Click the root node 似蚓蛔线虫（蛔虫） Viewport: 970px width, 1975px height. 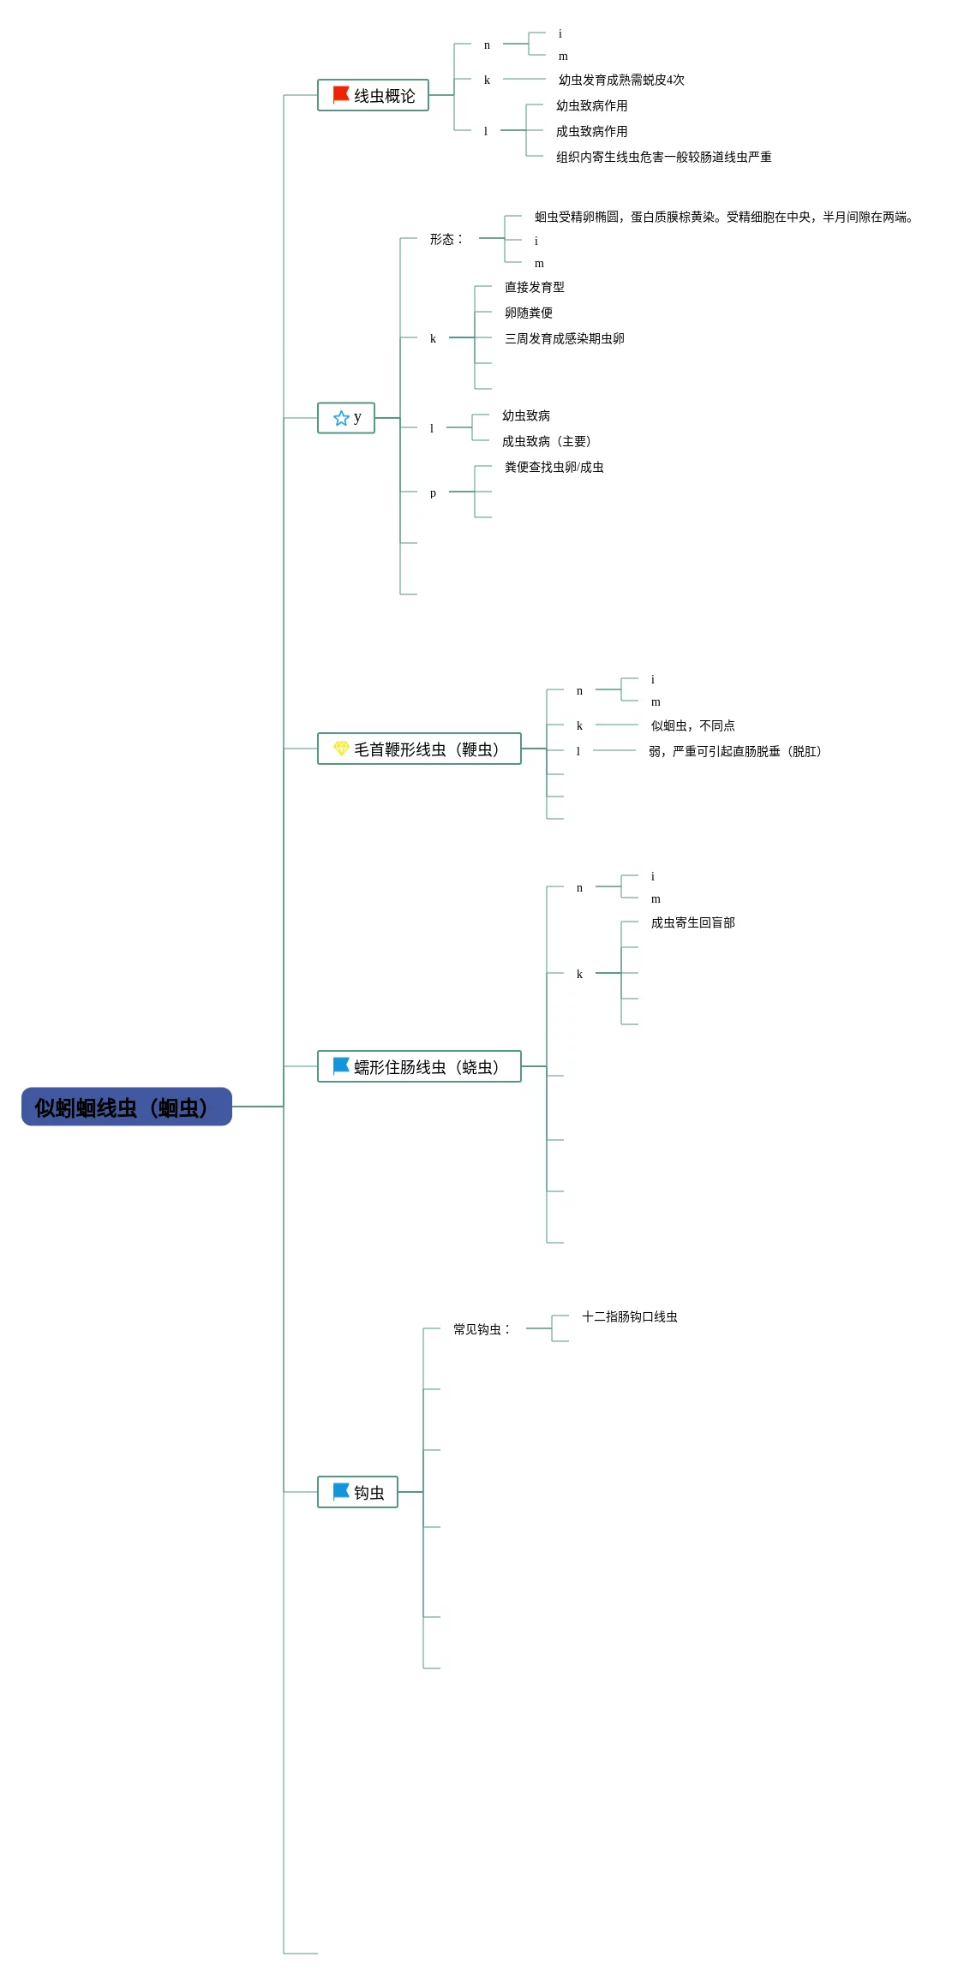tap(127, 1107)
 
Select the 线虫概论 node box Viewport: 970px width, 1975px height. tap(373, 95)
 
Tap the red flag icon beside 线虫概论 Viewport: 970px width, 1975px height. tap(341, 94)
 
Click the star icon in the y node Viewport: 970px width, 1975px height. tap(341, 418)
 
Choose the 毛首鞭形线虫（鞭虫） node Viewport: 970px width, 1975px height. tap(419, 749)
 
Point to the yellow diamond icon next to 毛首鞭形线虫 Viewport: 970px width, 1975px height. tap(341, 748)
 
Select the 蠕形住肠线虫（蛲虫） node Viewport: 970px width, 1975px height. tap(419, 1066)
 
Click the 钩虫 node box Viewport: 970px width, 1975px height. tap(357, 1492)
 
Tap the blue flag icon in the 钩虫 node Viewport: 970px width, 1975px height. tap(341, 1491)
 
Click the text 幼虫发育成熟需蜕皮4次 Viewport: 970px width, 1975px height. tap(621, 80)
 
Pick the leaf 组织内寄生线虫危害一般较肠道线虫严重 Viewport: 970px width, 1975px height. tap(664, 157)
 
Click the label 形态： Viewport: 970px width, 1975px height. tap(446, 239)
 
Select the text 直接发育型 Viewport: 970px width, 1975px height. tap(535, 287)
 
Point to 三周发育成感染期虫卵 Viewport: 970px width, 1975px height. tap(565, 338)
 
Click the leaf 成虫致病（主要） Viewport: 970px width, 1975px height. tap(547, 441)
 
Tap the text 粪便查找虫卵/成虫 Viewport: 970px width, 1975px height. tap(554, 467)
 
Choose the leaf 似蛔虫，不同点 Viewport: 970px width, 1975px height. tap(693, 725)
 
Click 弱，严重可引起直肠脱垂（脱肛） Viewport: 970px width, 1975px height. tap(735, 751)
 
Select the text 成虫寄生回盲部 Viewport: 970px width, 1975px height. tap(693, 922)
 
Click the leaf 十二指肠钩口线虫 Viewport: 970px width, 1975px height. tap(630, 1316)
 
